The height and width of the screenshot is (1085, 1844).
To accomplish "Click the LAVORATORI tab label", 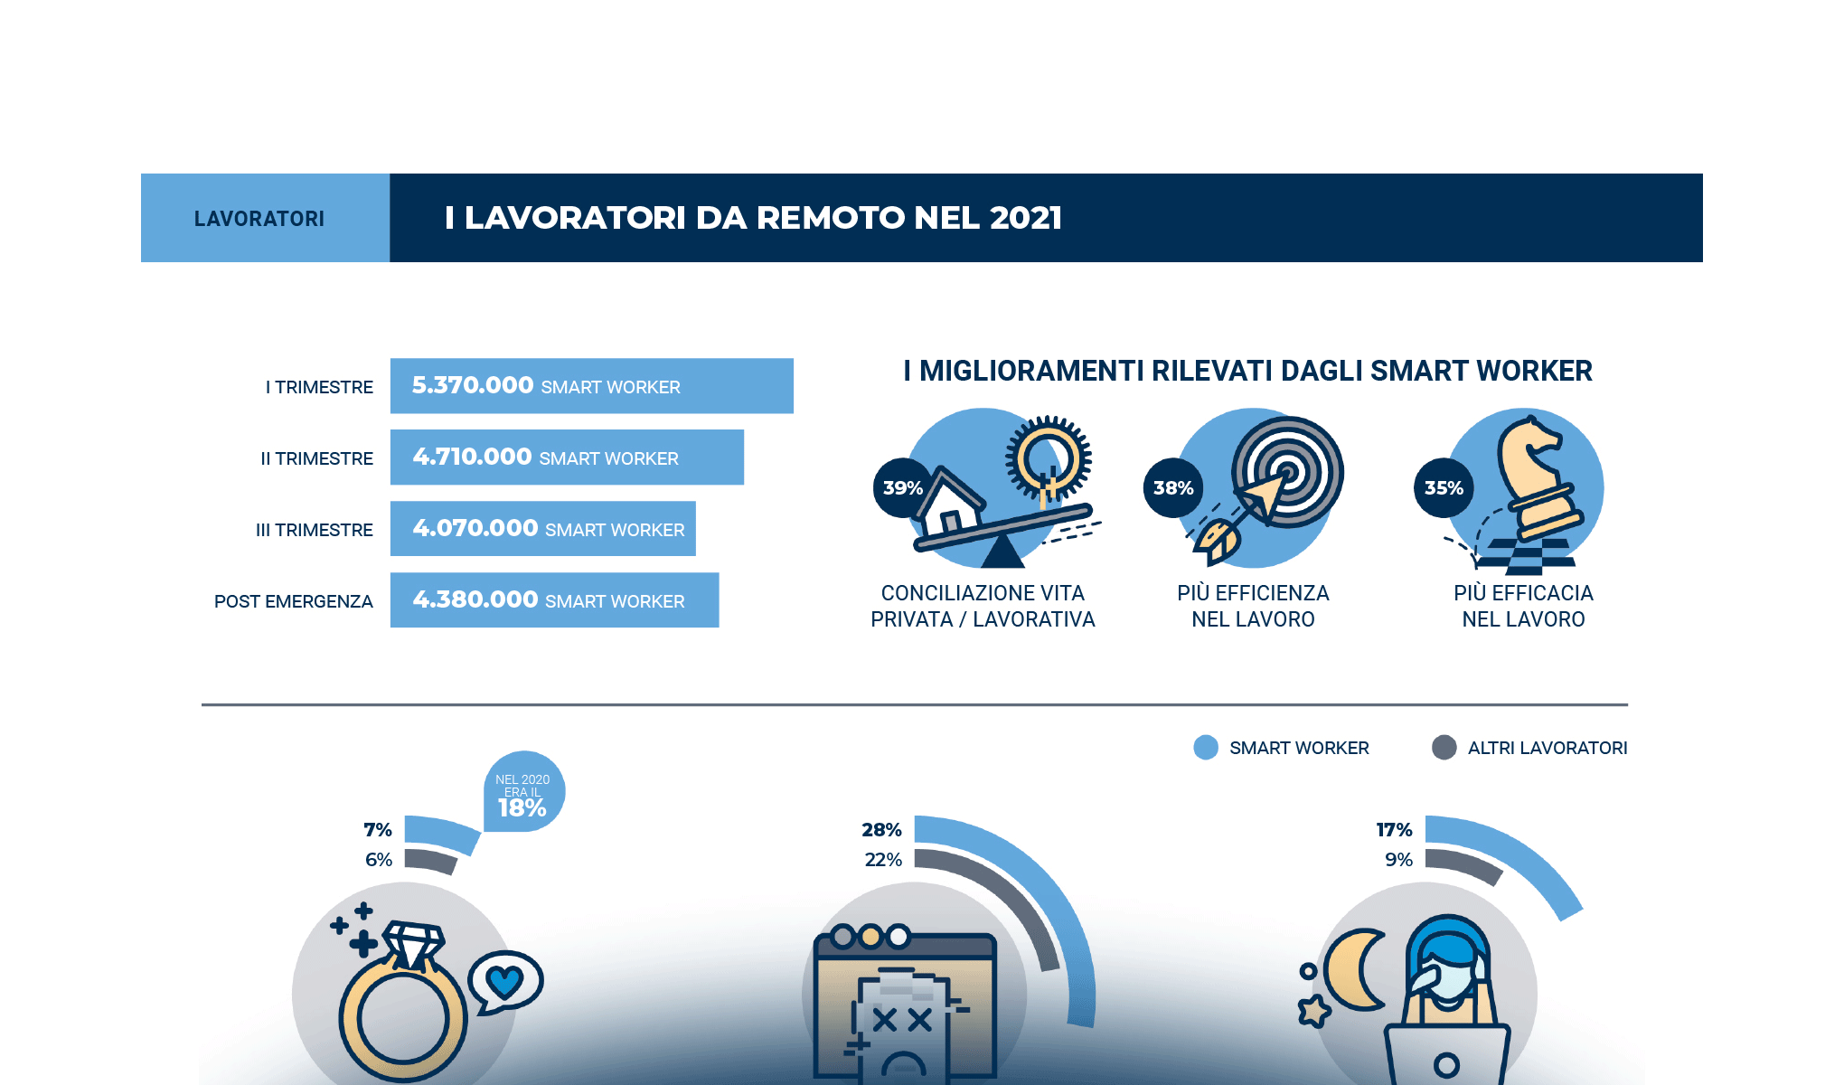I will tap(259, 219).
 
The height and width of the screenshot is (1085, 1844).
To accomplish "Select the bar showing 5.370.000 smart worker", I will tap(591, 386).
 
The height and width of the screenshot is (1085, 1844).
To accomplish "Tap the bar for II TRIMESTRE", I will tap(567, 458).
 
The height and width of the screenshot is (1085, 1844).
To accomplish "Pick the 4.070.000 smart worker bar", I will tap(542, 529).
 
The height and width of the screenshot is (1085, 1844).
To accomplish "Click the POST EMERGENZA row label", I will tap(293, 601).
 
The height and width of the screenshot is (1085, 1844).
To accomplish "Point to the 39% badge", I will tap(902, 488).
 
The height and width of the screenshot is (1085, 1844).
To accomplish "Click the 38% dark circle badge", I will tap(1172, 488).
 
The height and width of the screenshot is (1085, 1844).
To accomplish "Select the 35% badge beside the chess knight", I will tap(1443, 488).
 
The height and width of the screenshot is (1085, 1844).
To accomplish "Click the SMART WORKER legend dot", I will tap(1206, 748).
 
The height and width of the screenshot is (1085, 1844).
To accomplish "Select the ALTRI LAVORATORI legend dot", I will tap(1444, 748).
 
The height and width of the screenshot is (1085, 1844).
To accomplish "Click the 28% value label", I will tap(881, 830).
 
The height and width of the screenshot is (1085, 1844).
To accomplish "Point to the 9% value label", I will tap(1398, 860).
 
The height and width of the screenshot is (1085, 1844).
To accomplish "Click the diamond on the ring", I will tap(414, 943).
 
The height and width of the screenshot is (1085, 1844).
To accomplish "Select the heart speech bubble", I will tap(505, 981).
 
